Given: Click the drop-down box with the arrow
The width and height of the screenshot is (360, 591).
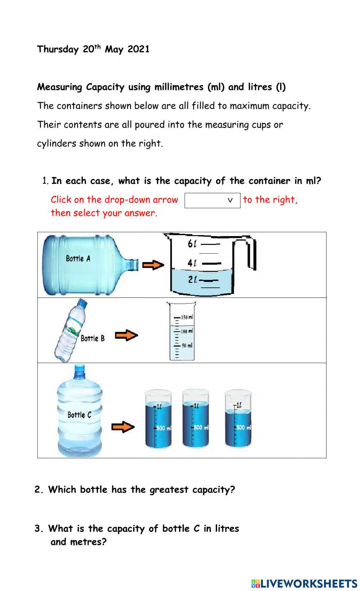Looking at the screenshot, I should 212,200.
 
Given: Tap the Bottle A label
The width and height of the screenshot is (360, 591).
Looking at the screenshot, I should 78,258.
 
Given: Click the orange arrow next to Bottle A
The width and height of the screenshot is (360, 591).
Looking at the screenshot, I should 153,265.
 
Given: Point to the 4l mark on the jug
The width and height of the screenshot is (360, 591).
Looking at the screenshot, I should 192,263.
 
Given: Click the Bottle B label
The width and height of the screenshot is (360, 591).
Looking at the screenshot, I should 93,338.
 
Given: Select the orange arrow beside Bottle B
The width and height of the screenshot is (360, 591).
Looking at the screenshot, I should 126,336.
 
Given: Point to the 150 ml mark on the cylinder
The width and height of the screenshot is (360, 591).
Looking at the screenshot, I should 186,317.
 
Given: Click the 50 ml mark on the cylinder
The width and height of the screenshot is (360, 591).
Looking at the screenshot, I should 186,345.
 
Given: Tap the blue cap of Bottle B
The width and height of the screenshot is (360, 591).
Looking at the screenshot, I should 82,304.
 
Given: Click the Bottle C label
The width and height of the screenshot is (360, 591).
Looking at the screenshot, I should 79,415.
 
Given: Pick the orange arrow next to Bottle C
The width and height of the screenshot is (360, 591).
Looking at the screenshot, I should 123,427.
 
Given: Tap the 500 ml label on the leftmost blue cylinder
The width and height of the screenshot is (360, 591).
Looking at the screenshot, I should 164,428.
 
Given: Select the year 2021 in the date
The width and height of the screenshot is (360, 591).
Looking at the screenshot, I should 138,49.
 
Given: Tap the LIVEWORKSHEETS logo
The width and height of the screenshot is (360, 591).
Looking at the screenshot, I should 304,583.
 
